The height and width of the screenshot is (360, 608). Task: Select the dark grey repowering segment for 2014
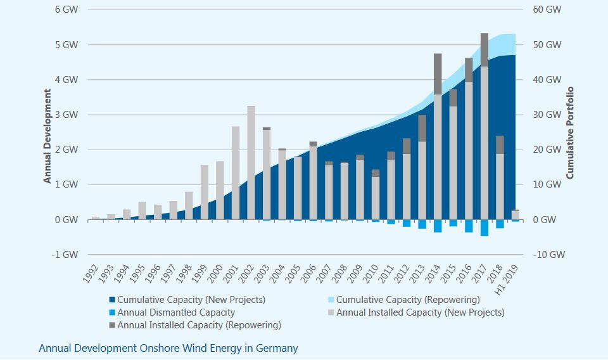click(438, 74)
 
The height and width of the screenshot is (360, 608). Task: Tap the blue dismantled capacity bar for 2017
click(484, 228)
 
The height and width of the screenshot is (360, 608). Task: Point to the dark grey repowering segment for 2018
click(500, 145)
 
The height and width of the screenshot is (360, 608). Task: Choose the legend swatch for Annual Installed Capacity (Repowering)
click(112, 325)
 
